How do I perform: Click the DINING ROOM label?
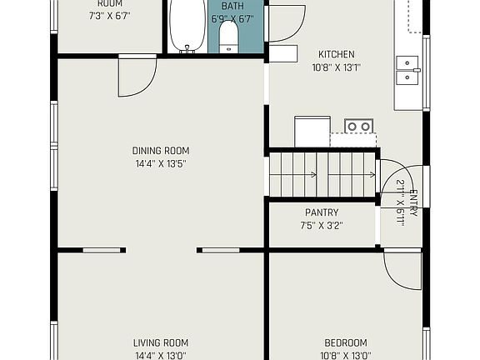click(x=161, y=151)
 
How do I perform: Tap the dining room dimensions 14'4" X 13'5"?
click(x=161, y=163)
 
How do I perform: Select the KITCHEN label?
click(x=333, y=54)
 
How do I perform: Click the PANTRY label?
click(x=321, y=212)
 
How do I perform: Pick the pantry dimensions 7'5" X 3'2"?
click(x=321, y=225)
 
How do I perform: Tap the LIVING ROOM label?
click(x=161, y=342)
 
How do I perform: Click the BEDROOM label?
click(x=346, y=342)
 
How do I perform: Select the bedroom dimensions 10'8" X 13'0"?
click(x=346, y=355)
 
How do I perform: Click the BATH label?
click(x=232, y=6)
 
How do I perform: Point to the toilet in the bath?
click(x=229, y=37)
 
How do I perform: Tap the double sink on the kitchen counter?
click(x=407, y=70)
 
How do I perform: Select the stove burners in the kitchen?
click(x=359, y=127)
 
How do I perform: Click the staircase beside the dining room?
click(x=321, y=174)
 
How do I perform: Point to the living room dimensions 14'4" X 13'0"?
click(x=161, y=355)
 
